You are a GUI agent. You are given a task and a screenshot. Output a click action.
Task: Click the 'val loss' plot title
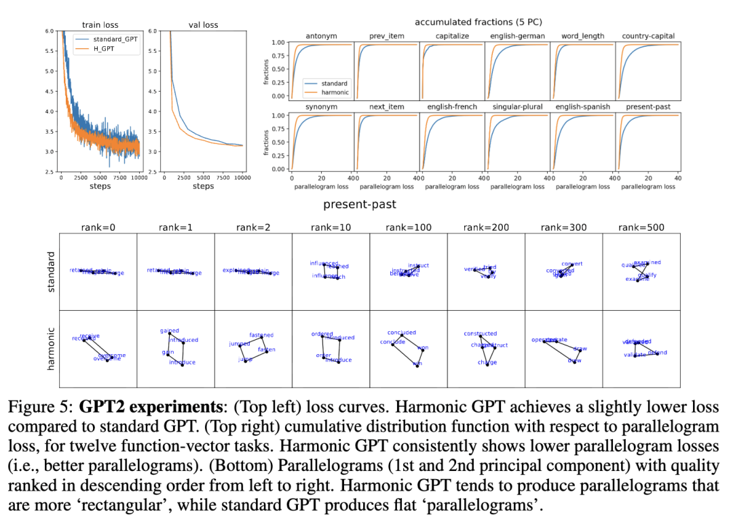click(202, 26)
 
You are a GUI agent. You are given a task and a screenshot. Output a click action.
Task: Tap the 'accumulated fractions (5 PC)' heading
click(478, 22)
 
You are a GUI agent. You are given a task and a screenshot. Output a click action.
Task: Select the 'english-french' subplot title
click(452, 107)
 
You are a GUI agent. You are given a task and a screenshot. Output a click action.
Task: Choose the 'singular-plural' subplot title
click(516, 107)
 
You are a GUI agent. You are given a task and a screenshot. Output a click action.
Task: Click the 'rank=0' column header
click(98, 227)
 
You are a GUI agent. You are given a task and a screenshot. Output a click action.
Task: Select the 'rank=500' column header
click(641, 227)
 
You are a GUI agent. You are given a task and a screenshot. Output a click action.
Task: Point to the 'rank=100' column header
click(408, 227)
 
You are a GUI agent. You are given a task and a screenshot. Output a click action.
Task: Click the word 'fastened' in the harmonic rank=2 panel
click(261, 335)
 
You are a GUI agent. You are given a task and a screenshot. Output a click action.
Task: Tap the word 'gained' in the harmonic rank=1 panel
click(170, 331)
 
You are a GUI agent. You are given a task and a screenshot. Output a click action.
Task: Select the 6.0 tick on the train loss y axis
click(50, 31)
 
